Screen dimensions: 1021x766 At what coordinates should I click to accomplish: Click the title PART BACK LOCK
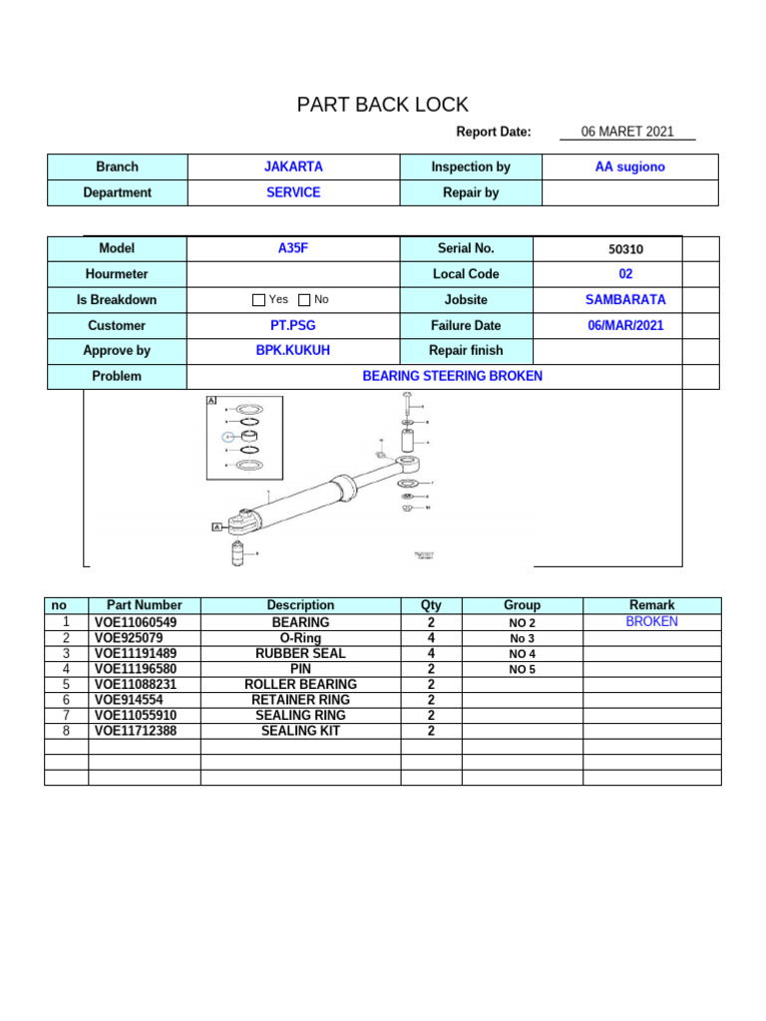tap(383, 105)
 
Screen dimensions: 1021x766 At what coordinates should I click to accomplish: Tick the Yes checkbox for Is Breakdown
tap(259, 300)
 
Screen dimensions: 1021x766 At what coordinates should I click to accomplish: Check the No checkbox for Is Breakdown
tap(304, 300)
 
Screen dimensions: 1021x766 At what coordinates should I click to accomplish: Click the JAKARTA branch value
tap(293, 168)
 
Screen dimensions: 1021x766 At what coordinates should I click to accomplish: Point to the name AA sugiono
tap(629, 168)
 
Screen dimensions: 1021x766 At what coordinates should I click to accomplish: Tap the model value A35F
tap(293, 248)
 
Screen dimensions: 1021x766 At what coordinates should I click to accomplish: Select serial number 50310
tap(625, 249)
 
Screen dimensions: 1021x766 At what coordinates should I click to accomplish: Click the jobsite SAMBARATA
tap(625, 299)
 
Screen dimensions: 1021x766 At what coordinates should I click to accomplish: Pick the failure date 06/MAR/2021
tap(625, 325)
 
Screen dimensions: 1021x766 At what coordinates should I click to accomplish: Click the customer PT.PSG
tap(293, 325)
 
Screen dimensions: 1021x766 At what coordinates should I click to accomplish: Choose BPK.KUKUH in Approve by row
tap(293, 351)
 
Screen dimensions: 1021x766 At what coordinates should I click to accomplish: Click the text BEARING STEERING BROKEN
tap(452, 376)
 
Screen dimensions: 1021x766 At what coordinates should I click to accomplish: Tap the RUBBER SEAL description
tap(300, 653)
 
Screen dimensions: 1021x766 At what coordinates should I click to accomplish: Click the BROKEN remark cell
tap(651, 621)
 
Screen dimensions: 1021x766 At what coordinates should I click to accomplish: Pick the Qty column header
tap(431, 605)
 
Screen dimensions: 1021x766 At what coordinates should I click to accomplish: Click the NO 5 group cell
tap(522, 669)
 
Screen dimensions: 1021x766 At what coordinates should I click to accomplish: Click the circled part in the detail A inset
tap(228, 437)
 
